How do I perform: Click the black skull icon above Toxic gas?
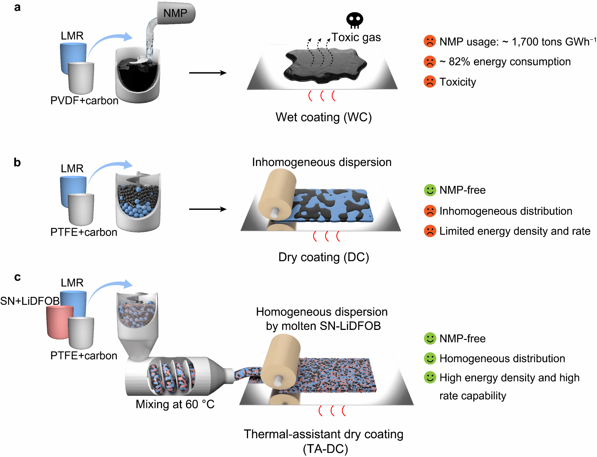[354, 20]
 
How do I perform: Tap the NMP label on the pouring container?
[175, 13]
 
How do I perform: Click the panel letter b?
[17, 162]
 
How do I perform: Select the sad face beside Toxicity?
[430, 82]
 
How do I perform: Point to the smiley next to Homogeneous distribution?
[430, 358]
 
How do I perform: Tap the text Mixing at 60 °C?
[175, 404]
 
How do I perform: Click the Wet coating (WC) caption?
[324, 117]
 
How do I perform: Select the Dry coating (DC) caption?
[324, 257]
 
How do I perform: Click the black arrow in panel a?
[208, 73]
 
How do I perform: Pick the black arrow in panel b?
[208, 209]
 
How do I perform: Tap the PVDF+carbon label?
[84, 101]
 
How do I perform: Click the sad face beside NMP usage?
[430, 41]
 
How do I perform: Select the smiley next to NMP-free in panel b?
[430, 190]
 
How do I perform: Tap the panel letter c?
[17, 277]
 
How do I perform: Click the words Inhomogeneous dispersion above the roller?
[322, 162]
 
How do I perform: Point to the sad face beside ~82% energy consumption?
[430, 62]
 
